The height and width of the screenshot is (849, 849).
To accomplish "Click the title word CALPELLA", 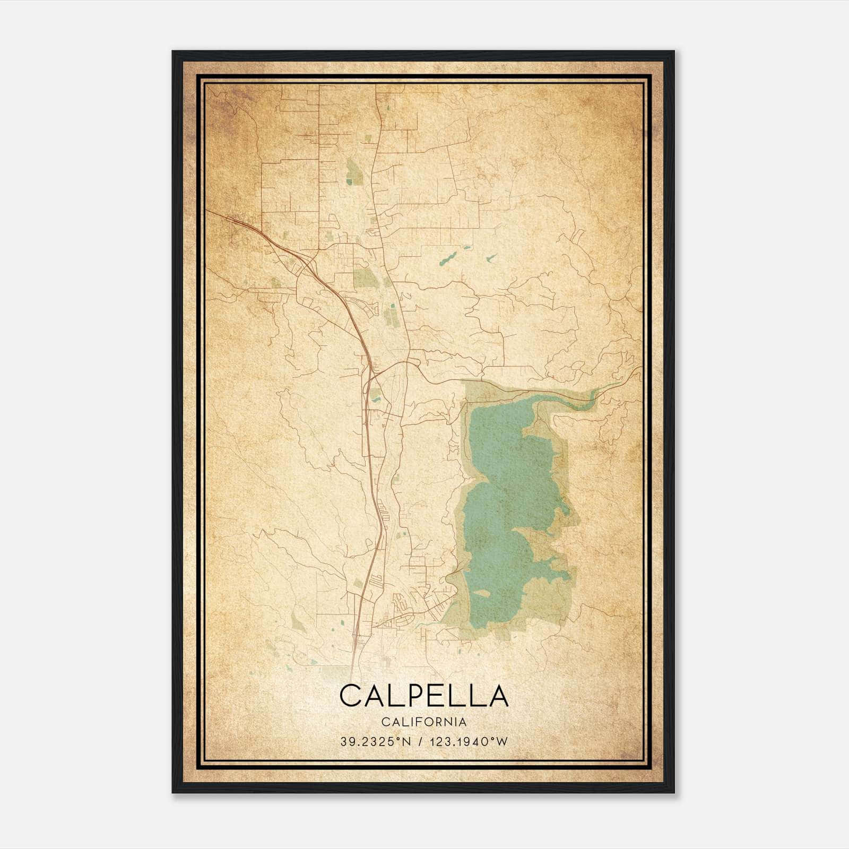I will click(x=423, y=696).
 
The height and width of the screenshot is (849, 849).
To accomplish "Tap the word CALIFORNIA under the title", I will click(x=423, y=722).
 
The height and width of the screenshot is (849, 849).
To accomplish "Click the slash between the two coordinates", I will click(x=420, y=741).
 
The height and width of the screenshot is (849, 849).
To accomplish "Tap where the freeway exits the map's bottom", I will click(x=353, y=663).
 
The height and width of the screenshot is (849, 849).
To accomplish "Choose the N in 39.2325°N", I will click(x=407, y=741).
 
